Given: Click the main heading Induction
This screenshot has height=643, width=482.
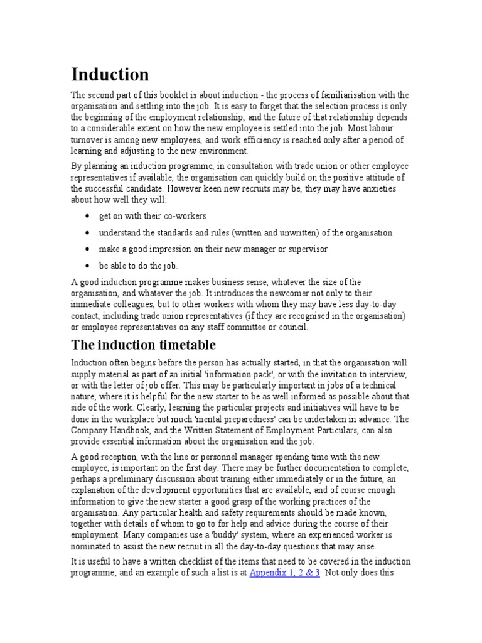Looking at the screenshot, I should coord(110,75).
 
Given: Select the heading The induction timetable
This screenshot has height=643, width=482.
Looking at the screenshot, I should coord(144,345).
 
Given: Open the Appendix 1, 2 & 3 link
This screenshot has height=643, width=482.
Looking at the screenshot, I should coord(285,573).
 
